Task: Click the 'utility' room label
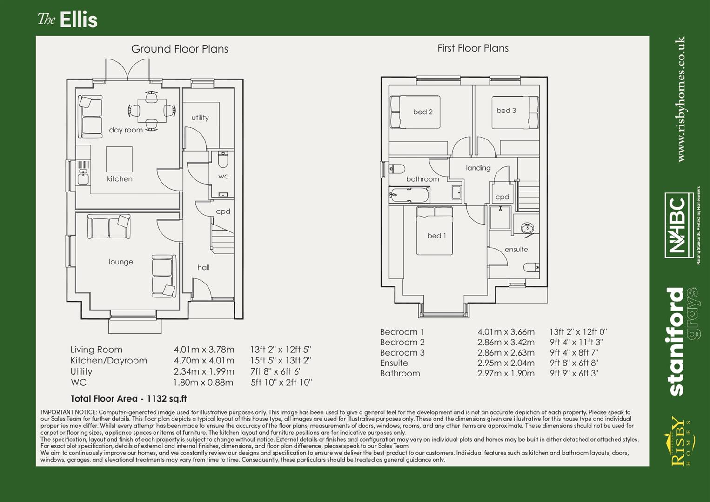[x=200, y=118]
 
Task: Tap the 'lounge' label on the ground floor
[x=121, y=262]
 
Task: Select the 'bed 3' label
[x=506, y=111]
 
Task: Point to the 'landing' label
[x=478, y=168]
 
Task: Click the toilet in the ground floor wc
[x=223, y=160]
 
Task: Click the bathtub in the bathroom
[x=409, y=195]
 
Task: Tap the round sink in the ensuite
[x=527, y=228]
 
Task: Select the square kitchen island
[x=119, y=159]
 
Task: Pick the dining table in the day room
[x=152, y=111]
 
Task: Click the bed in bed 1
[x=434, y=231]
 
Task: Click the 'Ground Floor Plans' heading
[x=180, y=49]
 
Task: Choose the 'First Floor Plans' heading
[x=473, y=48]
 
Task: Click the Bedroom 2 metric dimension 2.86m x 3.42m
[x=506, y=342]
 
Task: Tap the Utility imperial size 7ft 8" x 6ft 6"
[x=276, y=371]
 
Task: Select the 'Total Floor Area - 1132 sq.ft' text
[x=128, y=398]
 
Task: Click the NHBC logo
[x=680, y=225]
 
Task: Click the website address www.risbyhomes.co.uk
[x=681, y=99]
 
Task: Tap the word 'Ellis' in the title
[x=79, y=20]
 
